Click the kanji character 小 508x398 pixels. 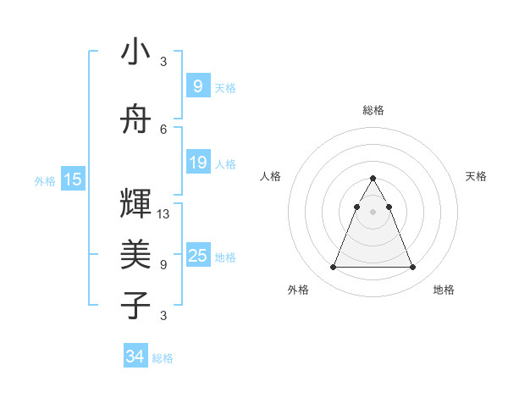click(x=135, y=52)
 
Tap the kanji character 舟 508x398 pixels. click(x=135, y=121)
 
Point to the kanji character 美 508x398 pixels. click(x=135, y=253)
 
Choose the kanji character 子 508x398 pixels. click(x=135, y=305)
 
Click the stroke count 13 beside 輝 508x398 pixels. click(x=163, y=214)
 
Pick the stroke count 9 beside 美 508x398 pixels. click(x=163, y=264)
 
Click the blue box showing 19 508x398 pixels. click(x=197, y=163)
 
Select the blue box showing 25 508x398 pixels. click(x=197, y=256)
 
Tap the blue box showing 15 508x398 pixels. click(x=73, y=180)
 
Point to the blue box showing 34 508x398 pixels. click(x=135, y=357)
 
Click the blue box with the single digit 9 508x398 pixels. click(x=197, y=86)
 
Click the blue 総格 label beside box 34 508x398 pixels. click(x=163, y=358)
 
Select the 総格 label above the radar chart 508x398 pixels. click(x=373, y=110)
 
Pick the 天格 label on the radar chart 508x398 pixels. click(x=476, y=176)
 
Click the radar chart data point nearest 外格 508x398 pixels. click(x=333, y=268)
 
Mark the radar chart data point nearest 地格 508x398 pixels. click(x=412, y=268)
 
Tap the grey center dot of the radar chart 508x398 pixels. click(x=373, y=212)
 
